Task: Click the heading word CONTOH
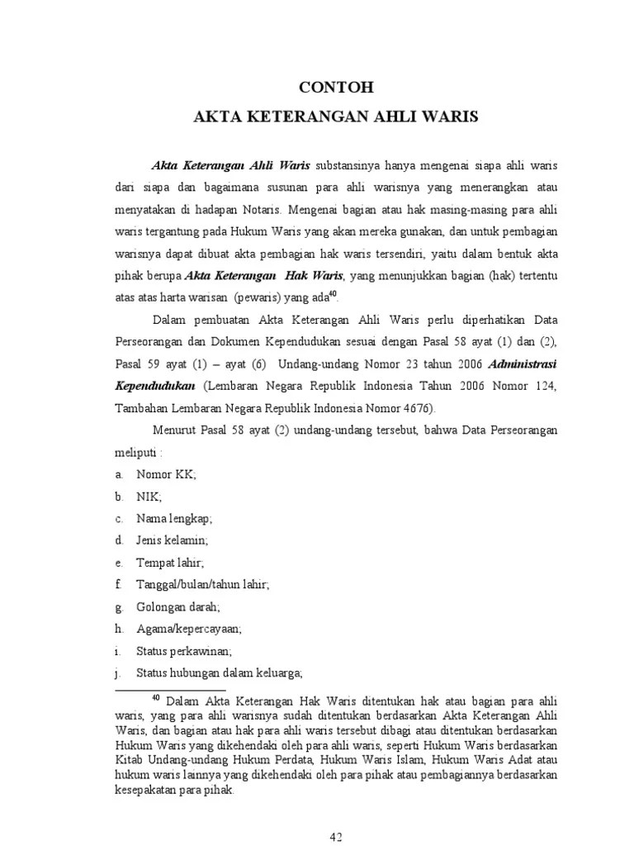(x=336, y=86)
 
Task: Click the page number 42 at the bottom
(x=336, y=837)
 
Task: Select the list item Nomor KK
(x=166, y=474)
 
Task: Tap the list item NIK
(x=149, y=497)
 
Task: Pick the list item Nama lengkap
(x=174, y=519)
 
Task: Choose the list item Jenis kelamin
(x=172, y=540)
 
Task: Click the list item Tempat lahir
(x=169, y=563)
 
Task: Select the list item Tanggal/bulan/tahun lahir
(x=202, y=585)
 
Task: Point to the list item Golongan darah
(x=177, y=607)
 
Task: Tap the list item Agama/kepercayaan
(x=188, y=629)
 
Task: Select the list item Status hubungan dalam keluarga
(x=220, y=673)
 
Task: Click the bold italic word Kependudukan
(x=155, y=385)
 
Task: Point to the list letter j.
(x=119, y=673)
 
